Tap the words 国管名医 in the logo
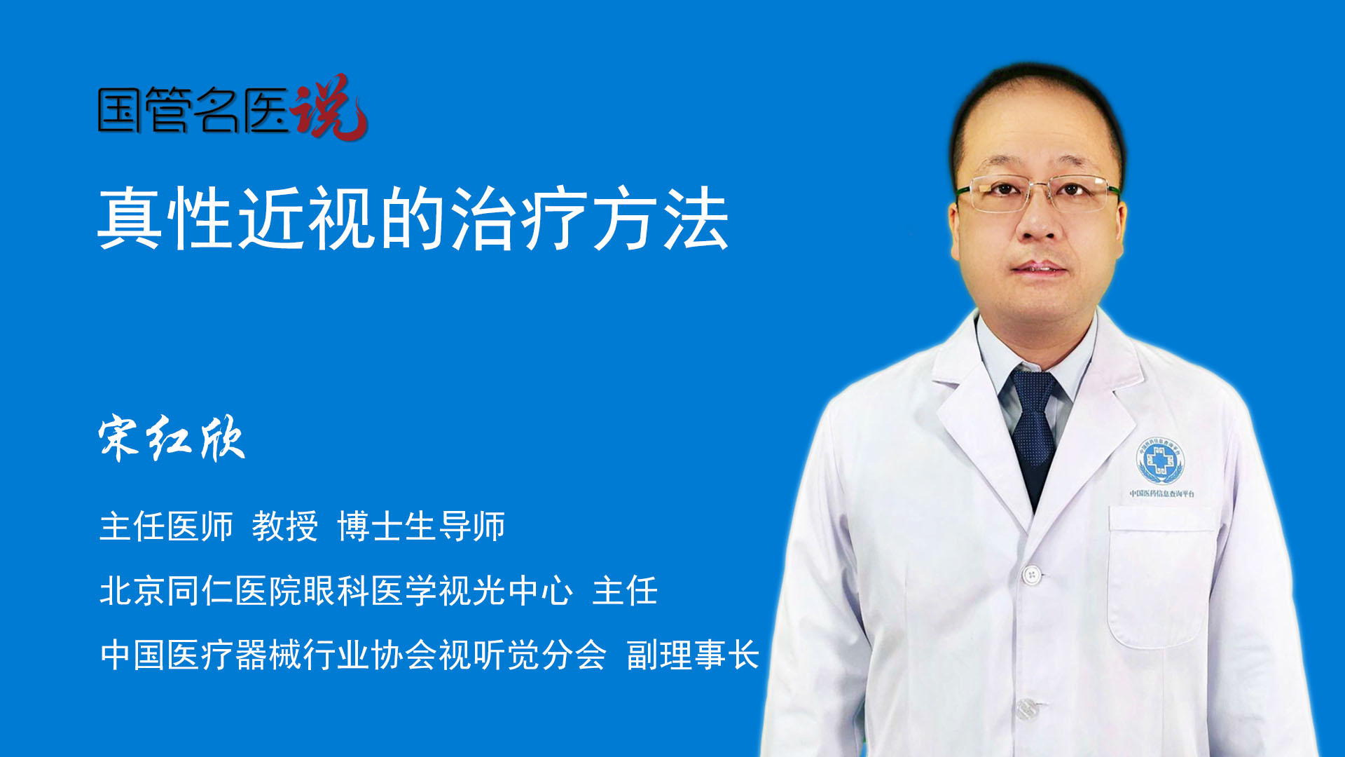coord(193,110)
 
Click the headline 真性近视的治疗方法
coord(413,218)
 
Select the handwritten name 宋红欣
coord(172,438)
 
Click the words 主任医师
coord(166,526)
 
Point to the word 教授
coord(285,526)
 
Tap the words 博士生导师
coord(421,526)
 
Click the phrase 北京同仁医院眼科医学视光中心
coord(336,590)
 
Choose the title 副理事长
coord(693,655)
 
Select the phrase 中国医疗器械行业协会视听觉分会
coord(353,655)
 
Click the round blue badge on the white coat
coord(1160,461)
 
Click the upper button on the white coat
coord(1031,575)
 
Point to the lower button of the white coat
coord(1026,709)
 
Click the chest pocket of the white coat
coord(1161,576)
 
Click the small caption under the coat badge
coord(1162,493)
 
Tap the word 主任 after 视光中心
coord(625,590)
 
